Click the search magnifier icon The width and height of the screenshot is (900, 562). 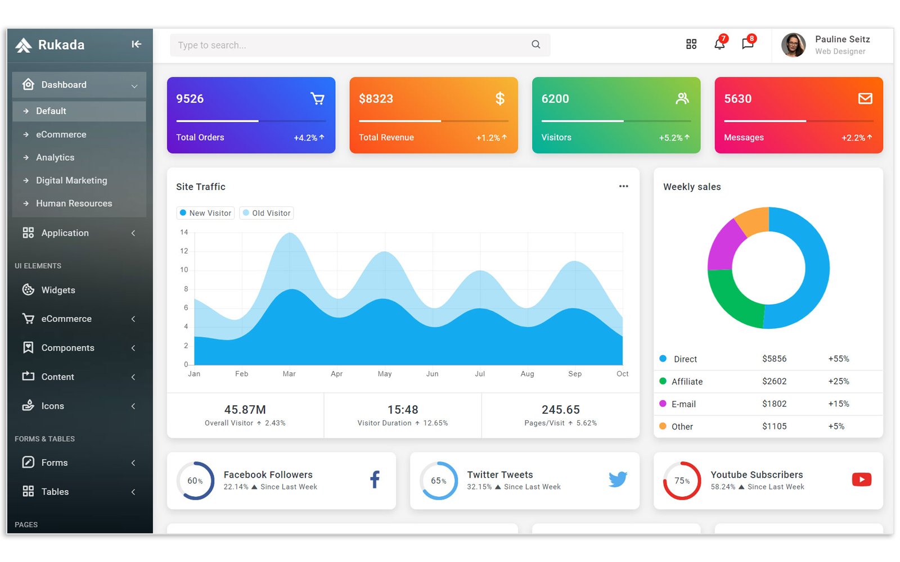point(535,44)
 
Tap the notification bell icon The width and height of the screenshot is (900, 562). point(719,44)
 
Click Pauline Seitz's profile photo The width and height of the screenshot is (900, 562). point(793,45)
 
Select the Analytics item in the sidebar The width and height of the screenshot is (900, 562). point(55,157)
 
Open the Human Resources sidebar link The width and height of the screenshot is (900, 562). point(74,203)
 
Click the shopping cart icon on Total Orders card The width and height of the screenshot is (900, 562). point(317,99)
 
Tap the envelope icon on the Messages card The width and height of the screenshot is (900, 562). point(865,99)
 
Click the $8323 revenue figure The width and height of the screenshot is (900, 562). point(376,99)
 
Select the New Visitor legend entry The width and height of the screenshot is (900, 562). point(205,213)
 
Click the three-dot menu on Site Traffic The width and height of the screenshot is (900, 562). point(623,187)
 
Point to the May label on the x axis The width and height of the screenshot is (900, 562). point(385,374)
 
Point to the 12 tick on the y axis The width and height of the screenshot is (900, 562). point(184,251)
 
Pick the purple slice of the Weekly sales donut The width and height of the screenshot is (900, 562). point(723,244)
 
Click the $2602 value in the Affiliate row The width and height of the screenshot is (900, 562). point(774,381)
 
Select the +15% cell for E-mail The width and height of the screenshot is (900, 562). point(838,404)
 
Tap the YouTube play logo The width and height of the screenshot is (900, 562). point(861,479)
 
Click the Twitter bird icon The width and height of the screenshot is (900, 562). point(618,479)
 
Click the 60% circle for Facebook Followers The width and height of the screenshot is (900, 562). point(195,481)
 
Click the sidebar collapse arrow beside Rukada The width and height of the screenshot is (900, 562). point(136,44)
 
